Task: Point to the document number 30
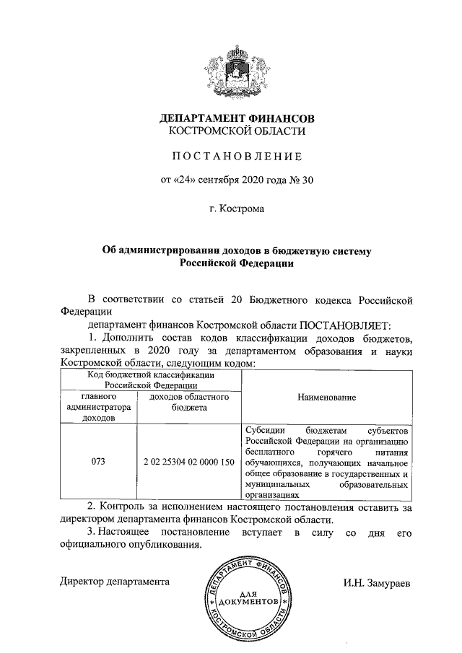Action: pyautogui.click(x=307, y=180)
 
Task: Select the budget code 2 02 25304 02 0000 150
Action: pyautogui.click(x=188, y=461)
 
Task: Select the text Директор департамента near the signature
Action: pyautogui.click(x=115, y=581)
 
